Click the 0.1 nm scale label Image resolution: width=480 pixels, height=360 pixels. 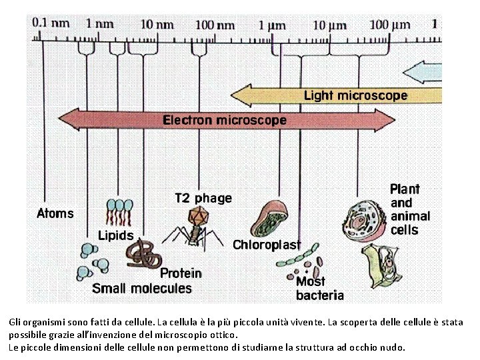(x=51, y=23)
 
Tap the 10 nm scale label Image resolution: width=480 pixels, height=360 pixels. (x=157, y=24)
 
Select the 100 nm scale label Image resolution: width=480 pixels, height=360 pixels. (x=215, y=25)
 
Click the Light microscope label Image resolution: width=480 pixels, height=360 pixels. (x=355, y=95)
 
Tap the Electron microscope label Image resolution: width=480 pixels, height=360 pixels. (x=225, y=121)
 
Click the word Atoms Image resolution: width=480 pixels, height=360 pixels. (x=55, y=214)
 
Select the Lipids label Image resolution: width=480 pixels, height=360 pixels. (x=115, y=235)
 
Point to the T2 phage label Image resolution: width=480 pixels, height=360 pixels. (x=203, y=198)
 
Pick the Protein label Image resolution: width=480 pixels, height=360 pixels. (x=181, y=273)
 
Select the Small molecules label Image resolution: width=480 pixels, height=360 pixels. (x=141, y=289)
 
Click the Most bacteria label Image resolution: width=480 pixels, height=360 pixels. (x=319, y=288)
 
